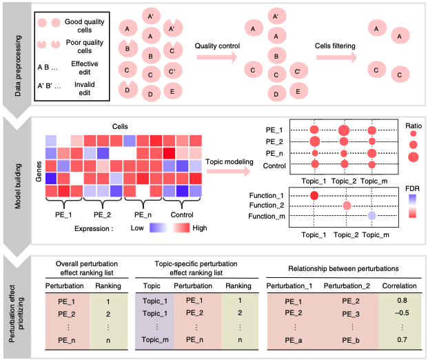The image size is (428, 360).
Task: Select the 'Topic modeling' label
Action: [x=230, y=161]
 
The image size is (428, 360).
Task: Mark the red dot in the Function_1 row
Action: [x=314, y=197]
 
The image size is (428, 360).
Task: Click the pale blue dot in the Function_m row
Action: [x=371, y=216]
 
